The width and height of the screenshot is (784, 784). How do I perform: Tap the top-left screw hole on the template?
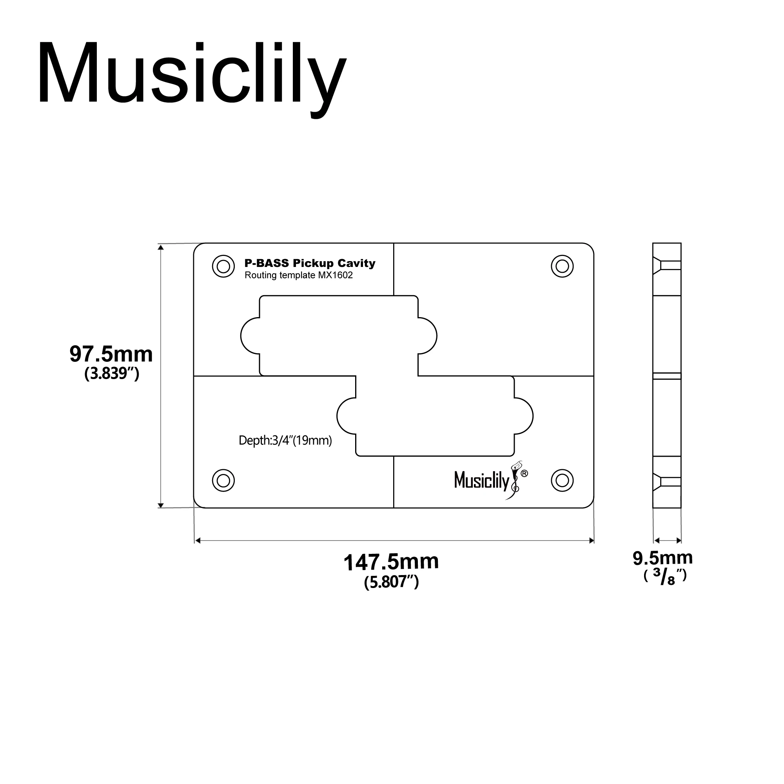223,266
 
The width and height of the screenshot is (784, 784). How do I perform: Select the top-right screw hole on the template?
562,266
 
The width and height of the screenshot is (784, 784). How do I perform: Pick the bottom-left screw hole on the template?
223,481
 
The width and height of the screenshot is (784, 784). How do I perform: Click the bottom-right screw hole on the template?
562,481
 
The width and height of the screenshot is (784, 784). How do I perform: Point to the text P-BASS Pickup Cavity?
310,263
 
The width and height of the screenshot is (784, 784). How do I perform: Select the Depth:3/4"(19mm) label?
285,440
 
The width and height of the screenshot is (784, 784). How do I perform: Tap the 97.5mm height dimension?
111,354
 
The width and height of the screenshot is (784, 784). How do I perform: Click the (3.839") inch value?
112,373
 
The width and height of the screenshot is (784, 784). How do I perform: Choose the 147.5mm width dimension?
391,562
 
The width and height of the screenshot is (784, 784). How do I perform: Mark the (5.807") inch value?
391,582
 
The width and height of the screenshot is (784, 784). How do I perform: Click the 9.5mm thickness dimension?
662,558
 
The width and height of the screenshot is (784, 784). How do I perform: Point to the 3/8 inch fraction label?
665,577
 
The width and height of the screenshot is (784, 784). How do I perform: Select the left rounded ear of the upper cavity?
249,336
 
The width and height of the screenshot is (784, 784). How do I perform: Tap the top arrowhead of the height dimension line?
161,247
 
